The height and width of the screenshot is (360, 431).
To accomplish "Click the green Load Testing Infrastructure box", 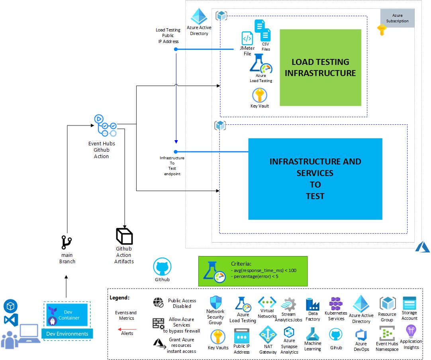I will point(320,67).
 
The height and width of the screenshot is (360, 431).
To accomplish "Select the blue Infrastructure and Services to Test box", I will point(315,179).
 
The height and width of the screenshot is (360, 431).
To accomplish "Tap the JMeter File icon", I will point(247,38).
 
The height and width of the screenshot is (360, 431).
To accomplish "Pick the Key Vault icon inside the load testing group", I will point(259,95).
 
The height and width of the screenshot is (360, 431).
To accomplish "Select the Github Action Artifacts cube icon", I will point(124,236).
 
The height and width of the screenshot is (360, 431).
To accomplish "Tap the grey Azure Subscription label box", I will point(397,18).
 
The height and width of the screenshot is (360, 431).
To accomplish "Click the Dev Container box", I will point(67,315).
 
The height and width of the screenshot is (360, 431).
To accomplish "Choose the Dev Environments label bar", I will point(67,334).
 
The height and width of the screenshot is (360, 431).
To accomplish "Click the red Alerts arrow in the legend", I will point(127,329).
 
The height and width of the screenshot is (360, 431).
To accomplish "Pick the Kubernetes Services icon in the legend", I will point(336,304).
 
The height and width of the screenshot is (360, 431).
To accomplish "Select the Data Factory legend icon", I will point(313,304).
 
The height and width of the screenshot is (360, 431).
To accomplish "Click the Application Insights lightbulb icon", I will point(411,331).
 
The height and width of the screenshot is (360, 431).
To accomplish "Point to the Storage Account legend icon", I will point(409,303).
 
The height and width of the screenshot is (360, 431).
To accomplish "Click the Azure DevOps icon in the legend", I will point(361,335).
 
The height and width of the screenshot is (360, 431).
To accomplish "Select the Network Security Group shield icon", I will point(215,302).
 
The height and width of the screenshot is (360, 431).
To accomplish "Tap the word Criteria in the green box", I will point(241,264).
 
